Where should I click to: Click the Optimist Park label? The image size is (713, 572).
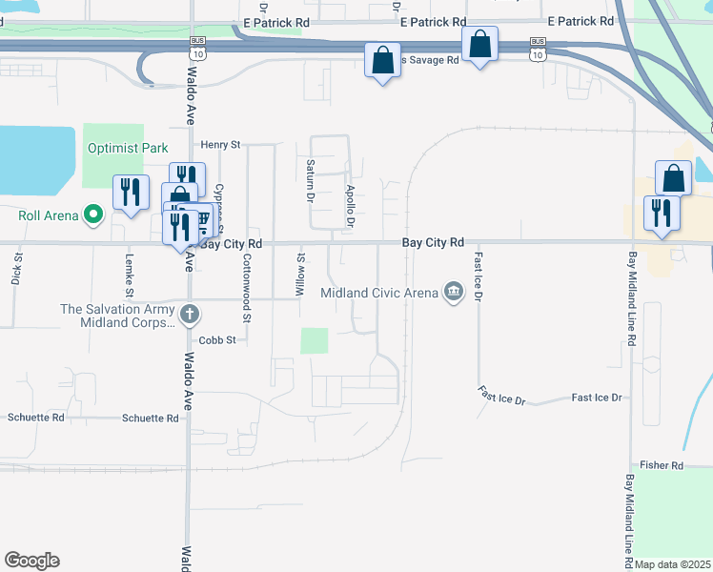coord(128,148)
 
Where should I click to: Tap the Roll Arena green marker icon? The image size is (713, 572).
coord(92,215)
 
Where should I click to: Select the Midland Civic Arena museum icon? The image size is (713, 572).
coord(454,292)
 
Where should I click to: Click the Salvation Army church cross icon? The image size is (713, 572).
coord(190,312)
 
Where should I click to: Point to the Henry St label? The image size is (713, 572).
coord(219,144)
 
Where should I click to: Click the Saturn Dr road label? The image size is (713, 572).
coord(310,181)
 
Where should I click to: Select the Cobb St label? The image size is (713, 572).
coord(216,339)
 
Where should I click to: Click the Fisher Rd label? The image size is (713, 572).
coord(662,465)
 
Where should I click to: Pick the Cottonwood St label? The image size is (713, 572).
coord(246,273)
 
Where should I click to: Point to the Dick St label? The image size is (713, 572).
coord(16,270)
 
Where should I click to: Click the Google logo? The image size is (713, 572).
coord(31,561)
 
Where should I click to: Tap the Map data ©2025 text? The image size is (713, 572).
coord(672,564)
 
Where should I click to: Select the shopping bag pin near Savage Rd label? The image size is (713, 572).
coord(382,61)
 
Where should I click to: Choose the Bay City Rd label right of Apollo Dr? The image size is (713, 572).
coord(432,243)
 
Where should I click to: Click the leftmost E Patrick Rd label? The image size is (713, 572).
coord(276,20)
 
